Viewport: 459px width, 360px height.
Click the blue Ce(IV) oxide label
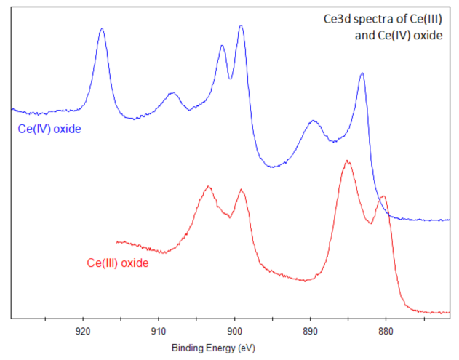pos(49,129)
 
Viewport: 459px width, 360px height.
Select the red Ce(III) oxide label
pos(117,263)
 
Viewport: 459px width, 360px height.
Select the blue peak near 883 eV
pos(362,73)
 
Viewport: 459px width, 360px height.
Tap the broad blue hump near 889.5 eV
pos(314,121)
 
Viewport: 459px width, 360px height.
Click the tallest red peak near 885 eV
pos(347,161)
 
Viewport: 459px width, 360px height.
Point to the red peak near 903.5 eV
pos(209,187)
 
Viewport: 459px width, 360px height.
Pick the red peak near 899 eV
pos(241,190)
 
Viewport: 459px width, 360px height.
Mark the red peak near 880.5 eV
pos(383,196)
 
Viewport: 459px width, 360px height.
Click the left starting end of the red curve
pos(117,241)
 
